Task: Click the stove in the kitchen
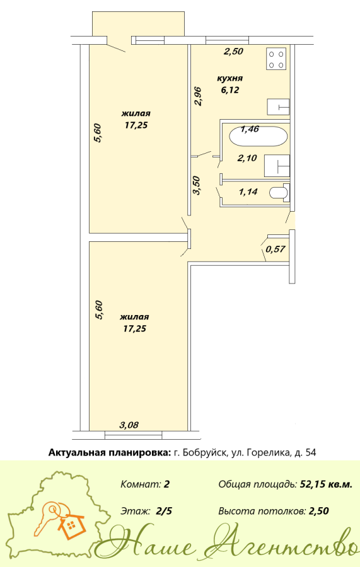point(276,59)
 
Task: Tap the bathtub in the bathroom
point(258,136)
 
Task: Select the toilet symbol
point(280,192)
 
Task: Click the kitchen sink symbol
point(278,106)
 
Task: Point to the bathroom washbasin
point(277,166)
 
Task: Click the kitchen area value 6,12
point(230,90)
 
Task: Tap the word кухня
point(229,79)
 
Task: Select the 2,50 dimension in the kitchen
point(233,52)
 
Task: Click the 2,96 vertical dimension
point(198,96)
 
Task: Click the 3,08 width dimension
point(129,425)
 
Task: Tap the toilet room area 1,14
point(248,192)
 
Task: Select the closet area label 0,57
point(276,249)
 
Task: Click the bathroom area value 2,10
point(247,158)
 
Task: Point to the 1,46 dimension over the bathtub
point(250,129)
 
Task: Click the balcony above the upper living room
point(139,24)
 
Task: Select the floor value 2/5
point(165,512)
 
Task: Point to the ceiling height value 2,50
point(319,512)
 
